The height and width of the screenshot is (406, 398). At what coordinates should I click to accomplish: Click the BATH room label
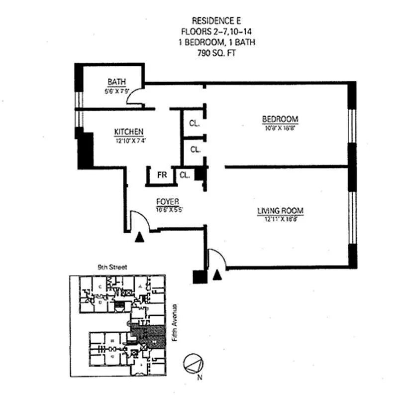[117, 82]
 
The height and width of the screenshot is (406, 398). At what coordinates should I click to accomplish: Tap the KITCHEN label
[129, 132]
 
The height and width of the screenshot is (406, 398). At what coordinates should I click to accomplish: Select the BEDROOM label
[280, 119]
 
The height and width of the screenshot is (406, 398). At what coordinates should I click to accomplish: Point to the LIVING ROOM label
[280, 210]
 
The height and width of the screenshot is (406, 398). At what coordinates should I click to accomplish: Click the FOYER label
[168, 201]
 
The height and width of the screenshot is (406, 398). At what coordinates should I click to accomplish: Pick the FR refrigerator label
[161, 175]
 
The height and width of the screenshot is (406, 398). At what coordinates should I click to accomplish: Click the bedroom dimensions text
[280, 127]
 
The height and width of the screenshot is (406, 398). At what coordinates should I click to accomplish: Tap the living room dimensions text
[280, 218]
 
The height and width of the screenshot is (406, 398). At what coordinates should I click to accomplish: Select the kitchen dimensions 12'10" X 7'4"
[129, 139]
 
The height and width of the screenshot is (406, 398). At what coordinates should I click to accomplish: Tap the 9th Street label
[112, 267]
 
